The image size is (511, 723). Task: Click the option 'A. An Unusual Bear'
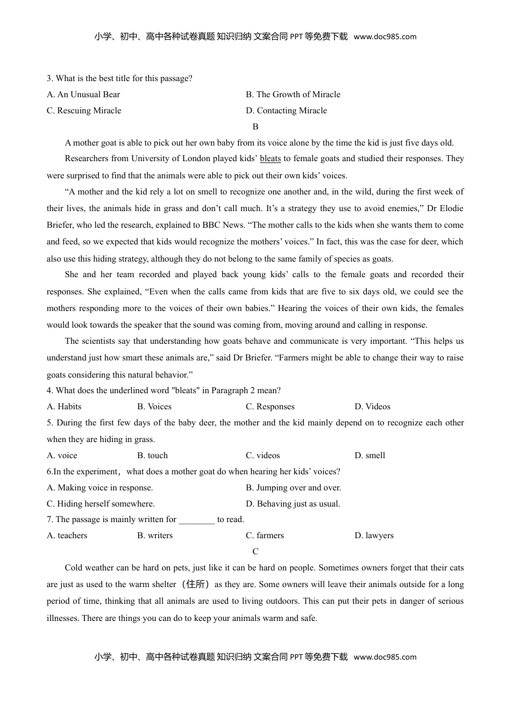point(83,95)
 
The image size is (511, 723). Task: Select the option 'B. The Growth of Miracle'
point(293,95)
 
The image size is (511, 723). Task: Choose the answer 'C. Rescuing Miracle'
point(84,111)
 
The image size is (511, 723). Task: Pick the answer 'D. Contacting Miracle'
point(286,111)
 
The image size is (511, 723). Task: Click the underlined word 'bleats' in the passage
point(270,158)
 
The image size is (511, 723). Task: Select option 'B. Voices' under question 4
point(154,407)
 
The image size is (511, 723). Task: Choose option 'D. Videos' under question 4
point(372,407)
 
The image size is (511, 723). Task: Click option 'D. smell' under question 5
point(370,456)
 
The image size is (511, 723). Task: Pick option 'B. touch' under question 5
point(152,456)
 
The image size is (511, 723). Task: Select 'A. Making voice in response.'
point(100,488)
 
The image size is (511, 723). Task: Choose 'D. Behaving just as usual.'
point(293,504)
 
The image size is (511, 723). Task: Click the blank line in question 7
point(196,520)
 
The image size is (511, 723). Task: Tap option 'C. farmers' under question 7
point(265,536)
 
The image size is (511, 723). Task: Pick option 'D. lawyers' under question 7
point(374,536)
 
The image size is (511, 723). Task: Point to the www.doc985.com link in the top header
point(385,37)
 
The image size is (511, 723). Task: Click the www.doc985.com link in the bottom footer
point(385,657)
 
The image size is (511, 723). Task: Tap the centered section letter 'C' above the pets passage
point(256,552)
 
